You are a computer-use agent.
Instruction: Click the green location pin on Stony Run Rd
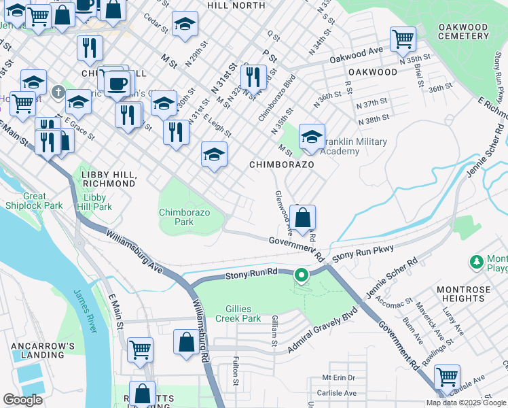coord(302,275)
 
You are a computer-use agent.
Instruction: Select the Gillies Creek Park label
coord(238,313)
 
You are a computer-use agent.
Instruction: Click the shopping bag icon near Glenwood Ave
coord(304,219)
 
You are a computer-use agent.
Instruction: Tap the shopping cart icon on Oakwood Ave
coord(403,39)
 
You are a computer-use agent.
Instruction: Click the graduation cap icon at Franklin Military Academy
coord(312,137)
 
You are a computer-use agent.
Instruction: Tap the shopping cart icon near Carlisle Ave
coord(447,376)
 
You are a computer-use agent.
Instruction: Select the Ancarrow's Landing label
coord(43,351)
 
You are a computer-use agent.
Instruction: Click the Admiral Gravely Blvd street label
coord(322,334)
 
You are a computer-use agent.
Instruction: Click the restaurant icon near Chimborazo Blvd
coord(253,78)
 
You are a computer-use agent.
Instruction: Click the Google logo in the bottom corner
coord(22,400)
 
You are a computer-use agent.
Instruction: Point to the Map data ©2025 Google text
coord(465,403)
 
